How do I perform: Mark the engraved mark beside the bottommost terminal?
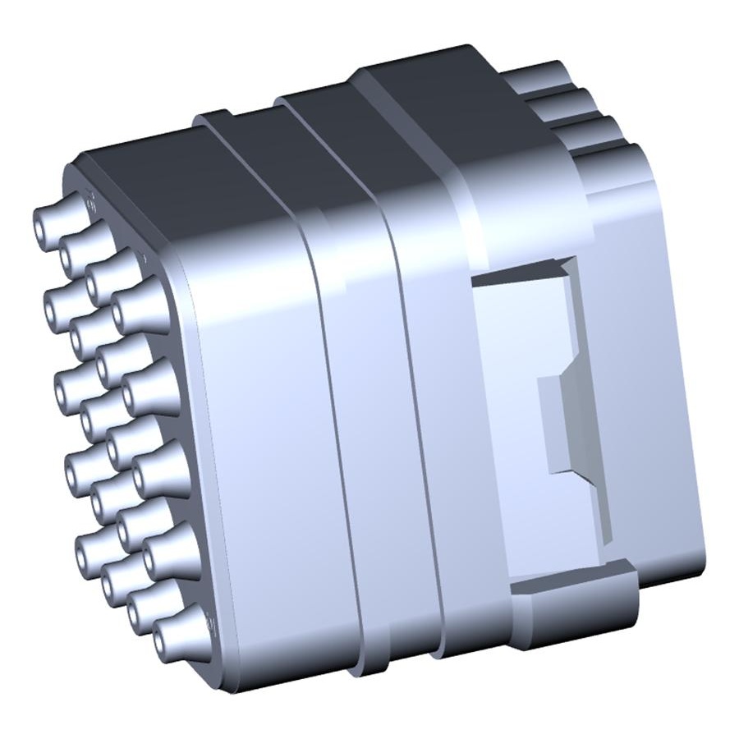coord(209,626)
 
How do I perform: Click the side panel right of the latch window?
coord(657,369)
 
